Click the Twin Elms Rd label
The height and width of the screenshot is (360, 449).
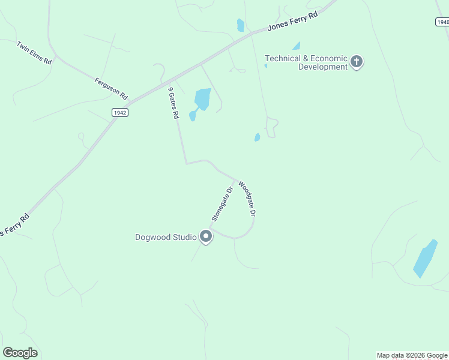(x=34, y=53)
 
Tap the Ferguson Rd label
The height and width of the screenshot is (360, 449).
(x=111, y=88)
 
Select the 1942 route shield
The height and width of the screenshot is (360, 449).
(x=120, y=112)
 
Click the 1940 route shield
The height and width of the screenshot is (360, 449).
(x=441, y=22)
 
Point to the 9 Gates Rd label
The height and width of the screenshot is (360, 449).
(x=173, y=103)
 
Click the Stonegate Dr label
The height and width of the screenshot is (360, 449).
(x=221, y=204)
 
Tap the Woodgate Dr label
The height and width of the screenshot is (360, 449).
(x=247, y=199)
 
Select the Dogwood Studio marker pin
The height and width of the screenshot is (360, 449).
(x=206, y=237)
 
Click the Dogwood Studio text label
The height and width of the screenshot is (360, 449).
(x=166, y=237)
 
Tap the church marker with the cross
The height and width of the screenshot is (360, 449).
(x=357, y=61)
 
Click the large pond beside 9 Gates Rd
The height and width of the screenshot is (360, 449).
(x=202, y=99)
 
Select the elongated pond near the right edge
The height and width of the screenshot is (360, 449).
(x=425, y=259)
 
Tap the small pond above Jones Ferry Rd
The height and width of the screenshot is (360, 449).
(x=241, y=25)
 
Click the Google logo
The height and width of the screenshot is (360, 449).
(x=20, y=352)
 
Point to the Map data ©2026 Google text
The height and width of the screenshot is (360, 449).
(x=412, y=355)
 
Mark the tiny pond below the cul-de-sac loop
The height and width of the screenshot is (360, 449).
(x=258, y=137)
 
